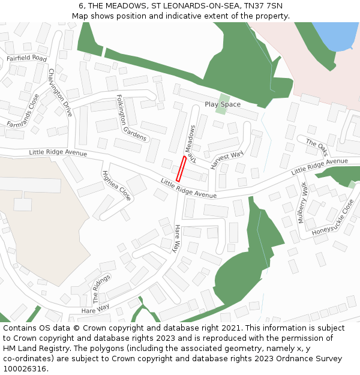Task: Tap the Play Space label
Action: (x=222, y=104)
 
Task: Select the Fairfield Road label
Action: (x=26, y=58)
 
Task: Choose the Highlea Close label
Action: (x=116, y=185)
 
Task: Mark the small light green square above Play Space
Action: (x=223, y=97)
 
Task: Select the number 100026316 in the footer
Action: (x=25, y=369)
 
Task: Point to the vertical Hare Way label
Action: (x=177, y=238)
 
